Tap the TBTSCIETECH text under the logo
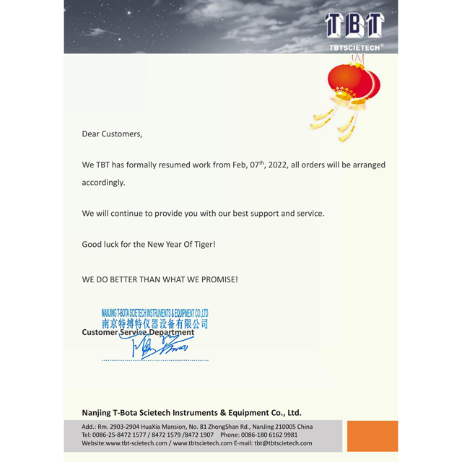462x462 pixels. (355, 48)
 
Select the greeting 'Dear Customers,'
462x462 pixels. (112, 134)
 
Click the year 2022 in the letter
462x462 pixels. (278, 165)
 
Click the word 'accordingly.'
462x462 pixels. (103, 183)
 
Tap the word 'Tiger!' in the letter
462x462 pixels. (204, 244)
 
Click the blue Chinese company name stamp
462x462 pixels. (154, 323)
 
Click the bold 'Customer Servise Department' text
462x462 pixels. (138, 332)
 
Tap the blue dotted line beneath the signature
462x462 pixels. (154, 359)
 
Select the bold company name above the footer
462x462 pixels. (191, 413)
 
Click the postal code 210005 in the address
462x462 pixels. (283, 427)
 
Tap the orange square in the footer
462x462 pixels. (372, 436)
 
